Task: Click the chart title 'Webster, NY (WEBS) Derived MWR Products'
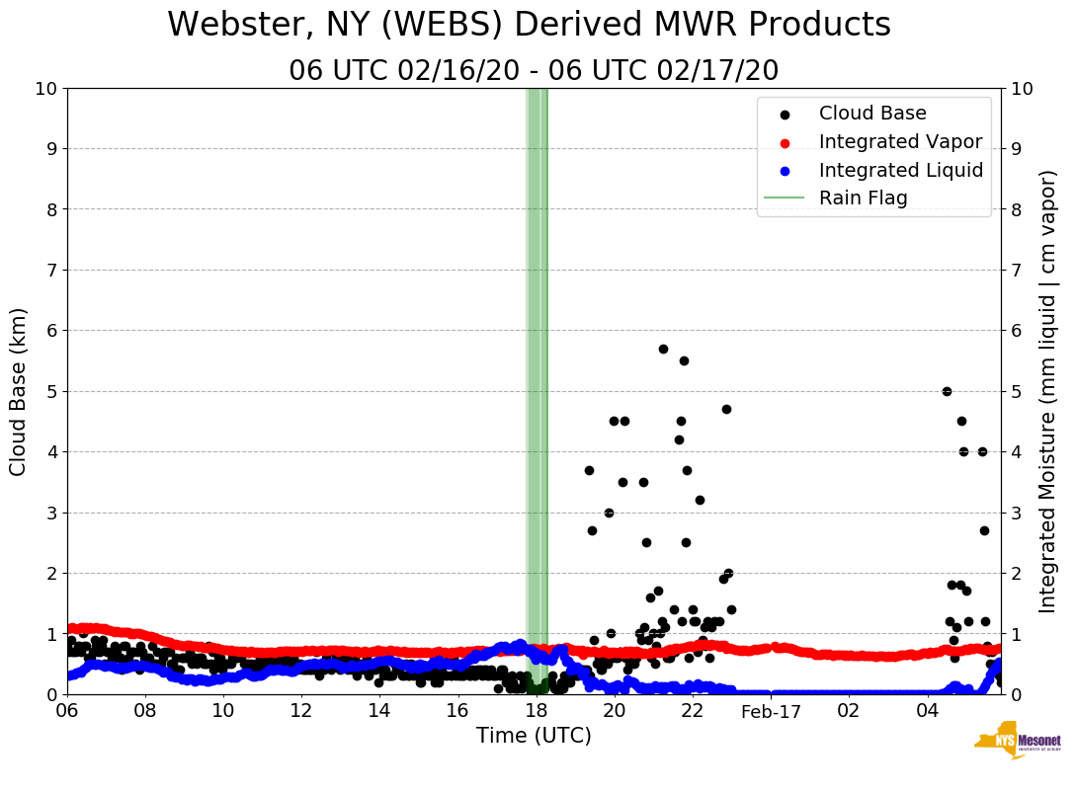[529, 26]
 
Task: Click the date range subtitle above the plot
[534, 71]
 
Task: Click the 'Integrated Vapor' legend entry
[900, 142]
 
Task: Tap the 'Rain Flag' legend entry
[863, 198]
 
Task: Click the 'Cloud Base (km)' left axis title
[19, 391]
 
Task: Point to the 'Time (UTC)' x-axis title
[534, 736]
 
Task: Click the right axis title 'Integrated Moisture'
[1048, 391]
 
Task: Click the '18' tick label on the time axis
[537, 711]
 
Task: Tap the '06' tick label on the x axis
[67, 711]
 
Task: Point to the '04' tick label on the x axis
[927, 711]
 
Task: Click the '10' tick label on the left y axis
[45, 89]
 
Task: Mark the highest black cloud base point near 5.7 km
[663, 349]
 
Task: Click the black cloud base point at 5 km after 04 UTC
[947, 391]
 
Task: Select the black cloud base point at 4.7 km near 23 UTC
[726, 409]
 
